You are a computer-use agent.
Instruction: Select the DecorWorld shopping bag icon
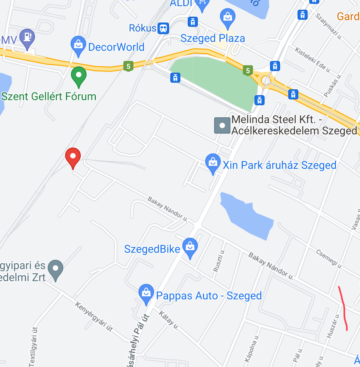78,46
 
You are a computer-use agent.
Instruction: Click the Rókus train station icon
163,28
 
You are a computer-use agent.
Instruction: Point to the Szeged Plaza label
213,38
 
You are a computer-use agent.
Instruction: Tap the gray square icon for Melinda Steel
222,126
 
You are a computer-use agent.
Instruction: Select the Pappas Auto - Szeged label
209,296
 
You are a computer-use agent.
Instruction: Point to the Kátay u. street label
169,320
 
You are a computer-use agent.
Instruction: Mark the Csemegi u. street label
329,259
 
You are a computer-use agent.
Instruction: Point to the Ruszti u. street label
219,261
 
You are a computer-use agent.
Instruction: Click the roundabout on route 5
267,80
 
